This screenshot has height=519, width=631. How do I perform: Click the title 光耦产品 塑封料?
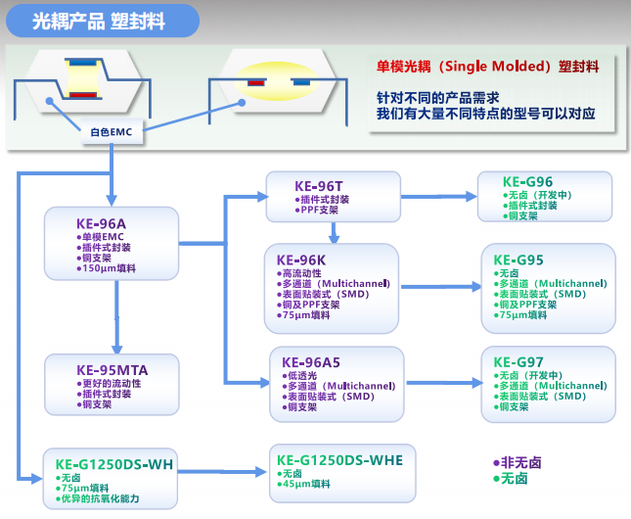tap(99, 21)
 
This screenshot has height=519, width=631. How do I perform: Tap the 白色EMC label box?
tap(112, 132)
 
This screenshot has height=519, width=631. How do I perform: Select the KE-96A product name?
tap(101, 223)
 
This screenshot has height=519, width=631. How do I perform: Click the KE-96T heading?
tap(319, 186)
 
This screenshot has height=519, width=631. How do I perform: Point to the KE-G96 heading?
tap(527, 182)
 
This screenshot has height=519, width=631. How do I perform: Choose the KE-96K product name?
tap(301, 259)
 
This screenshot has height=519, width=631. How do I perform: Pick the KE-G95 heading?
tap(518, 259)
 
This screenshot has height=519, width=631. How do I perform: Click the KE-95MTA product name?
tap(113, 370)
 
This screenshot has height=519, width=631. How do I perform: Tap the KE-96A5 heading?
tap(311, 362)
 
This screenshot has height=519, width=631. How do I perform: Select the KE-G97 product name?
tap(518, 362)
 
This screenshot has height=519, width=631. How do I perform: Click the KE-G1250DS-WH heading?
tap(114, 464)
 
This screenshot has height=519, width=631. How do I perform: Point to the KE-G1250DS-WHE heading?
tap(339, 460)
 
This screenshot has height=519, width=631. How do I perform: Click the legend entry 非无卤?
tap(518, 462)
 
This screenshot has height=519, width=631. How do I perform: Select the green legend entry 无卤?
tap(511, 479)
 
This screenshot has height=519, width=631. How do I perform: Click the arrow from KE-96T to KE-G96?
tap(439, 197)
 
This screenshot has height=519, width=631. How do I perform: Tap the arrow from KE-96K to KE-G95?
tap(441, 287)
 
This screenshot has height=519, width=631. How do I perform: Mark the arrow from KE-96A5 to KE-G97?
tap(445, 383)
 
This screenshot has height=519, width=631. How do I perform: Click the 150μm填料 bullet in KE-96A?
tap(107, 268)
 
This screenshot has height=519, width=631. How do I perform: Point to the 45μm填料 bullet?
tap(304, 484)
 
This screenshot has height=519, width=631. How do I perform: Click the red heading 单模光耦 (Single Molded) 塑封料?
tap(488, 66)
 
